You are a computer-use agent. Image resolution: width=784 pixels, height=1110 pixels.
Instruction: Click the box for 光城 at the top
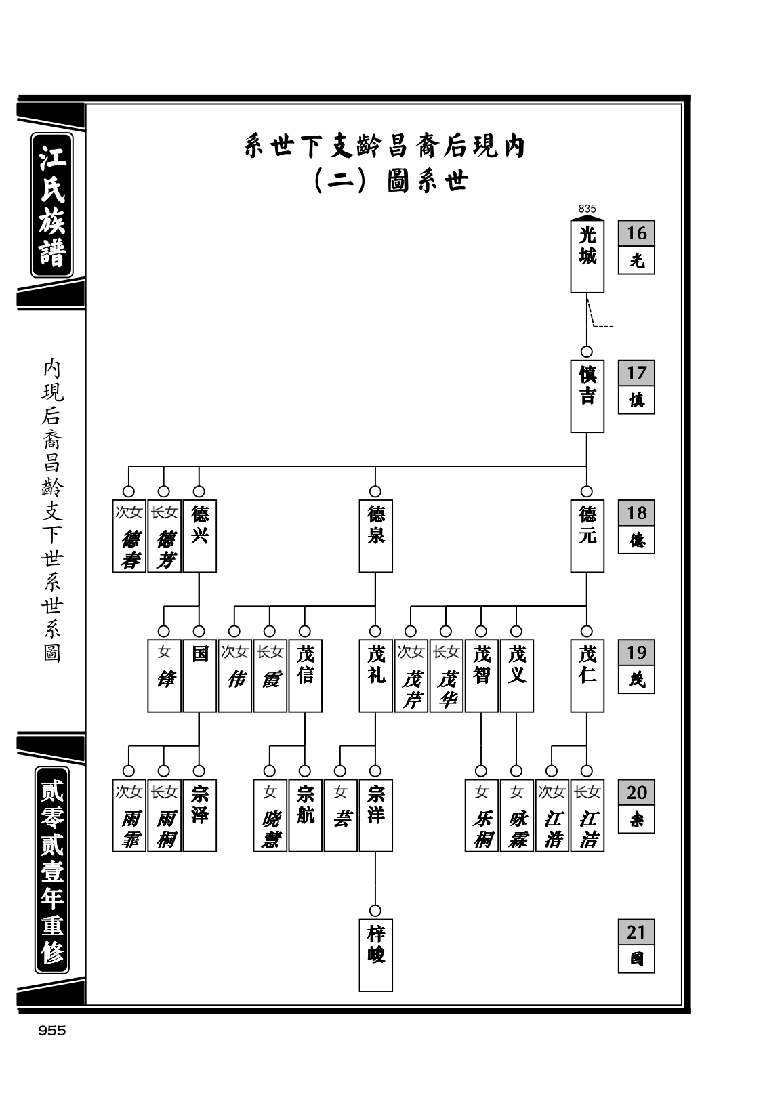pos(587,256)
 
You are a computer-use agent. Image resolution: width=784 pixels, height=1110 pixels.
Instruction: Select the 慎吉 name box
pos(587,396)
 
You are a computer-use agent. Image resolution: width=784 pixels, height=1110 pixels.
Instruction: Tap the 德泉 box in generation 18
pos(375,535)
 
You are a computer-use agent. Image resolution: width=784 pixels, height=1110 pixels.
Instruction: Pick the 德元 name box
pos(587,535)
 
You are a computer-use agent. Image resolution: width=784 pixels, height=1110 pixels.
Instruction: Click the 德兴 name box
pos(199,535)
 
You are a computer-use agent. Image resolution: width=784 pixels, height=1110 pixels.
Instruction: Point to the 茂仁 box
pos(587,676)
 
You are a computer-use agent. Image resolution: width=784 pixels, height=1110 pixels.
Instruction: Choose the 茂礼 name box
pos(375,676)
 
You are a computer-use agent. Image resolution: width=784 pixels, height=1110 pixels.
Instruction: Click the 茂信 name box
pos(306,676)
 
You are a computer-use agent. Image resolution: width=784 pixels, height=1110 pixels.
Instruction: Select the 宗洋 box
pos(375,815)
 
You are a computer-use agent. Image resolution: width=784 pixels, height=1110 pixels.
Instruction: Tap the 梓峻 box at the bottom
pos(375,955)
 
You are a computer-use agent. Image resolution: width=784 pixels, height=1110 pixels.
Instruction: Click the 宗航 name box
pos(306,815)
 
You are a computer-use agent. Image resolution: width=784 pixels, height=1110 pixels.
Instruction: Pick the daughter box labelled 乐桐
pos(481,815)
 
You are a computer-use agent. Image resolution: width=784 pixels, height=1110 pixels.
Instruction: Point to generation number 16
pos(636,233)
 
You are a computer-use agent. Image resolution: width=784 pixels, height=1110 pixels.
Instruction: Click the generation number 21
pos(636,932)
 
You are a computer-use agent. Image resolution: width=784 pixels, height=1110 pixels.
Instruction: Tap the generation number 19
pos(636,652)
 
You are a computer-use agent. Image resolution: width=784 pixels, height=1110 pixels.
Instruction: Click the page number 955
pos(52,1031)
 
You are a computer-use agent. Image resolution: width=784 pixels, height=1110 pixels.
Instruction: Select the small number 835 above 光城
pos(587,209)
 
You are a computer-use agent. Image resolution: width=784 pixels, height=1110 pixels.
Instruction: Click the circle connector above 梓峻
pos(375,911)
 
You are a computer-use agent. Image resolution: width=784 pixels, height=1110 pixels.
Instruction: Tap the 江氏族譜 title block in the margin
pos(52,205)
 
